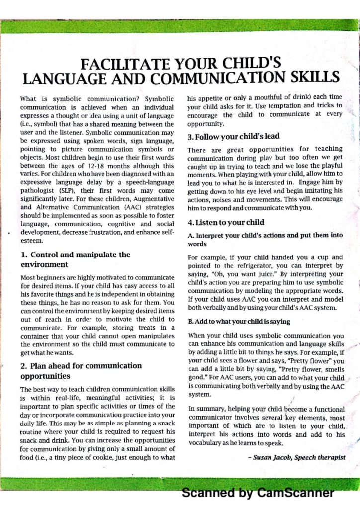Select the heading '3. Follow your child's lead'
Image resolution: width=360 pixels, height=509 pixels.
coord(234,136)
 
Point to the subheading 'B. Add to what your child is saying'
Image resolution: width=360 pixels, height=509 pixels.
coord(239,322)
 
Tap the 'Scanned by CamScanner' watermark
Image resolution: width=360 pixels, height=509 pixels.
coord(258,493)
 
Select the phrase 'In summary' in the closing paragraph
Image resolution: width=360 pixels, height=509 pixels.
coord(206,409)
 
